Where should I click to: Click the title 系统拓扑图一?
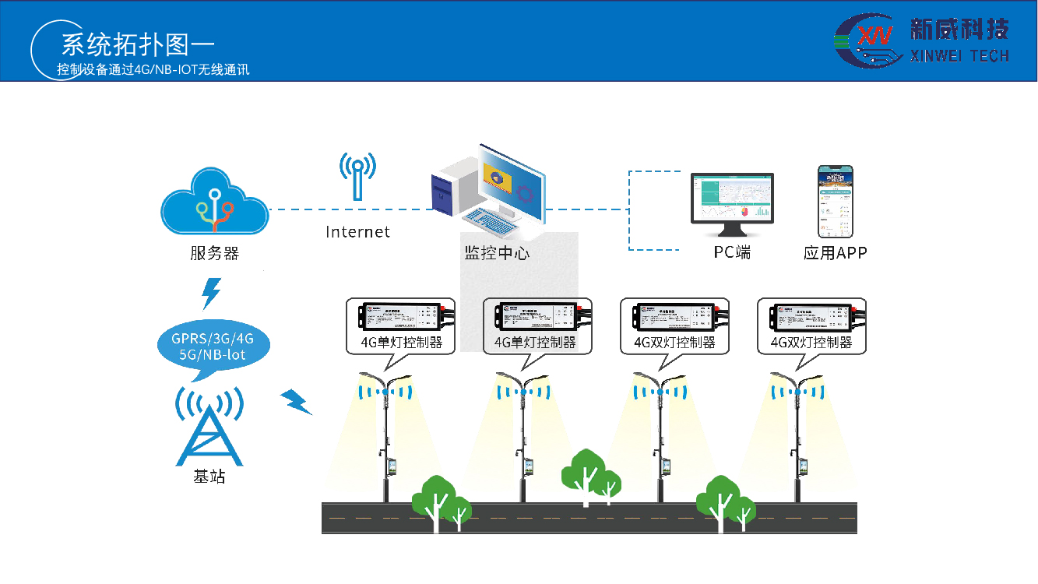point(137,44)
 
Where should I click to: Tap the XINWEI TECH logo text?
point(959,55)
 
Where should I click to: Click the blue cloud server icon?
point(214,204)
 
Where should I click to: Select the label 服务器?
point(214,253)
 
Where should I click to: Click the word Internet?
point(357,232)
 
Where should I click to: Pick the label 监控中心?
point(496,253)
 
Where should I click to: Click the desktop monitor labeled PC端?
point(733,205)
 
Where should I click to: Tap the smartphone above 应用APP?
point(835,201)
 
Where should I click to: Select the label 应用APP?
point(835,253)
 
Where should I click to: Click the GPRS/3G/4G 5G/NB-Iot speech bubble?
point(213,347)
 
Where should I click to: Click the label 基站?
point(209,477)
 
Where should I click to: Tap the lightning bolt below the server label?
point(211,293)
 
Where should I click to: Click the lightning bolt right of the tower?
point(296,401)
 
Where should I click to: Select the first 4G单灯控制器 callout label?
point(402,342)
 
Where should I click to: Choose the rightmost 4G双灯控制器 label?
point(811,342)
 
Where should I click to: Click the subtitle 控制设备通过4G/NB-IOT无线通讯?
point(153,69)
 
